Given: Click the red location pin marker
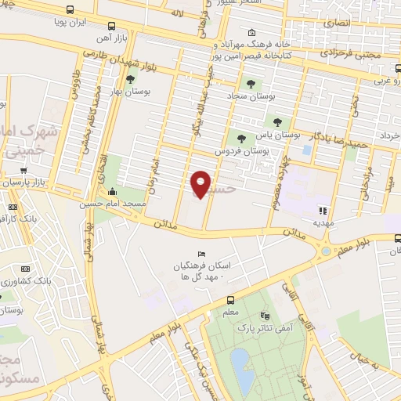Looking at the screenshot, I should click(x=200, y=183).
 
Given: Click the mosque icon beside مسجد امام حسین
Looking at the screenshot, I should click(x=113, y=192).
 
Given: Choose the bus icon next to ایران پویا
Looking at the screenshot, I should click(x=71, y=11).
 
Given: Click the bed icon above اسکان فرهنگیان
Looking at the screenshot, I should click(x=202, y=254).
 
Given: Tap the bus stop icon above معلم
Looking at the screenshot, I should click(x=230, y=300).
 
